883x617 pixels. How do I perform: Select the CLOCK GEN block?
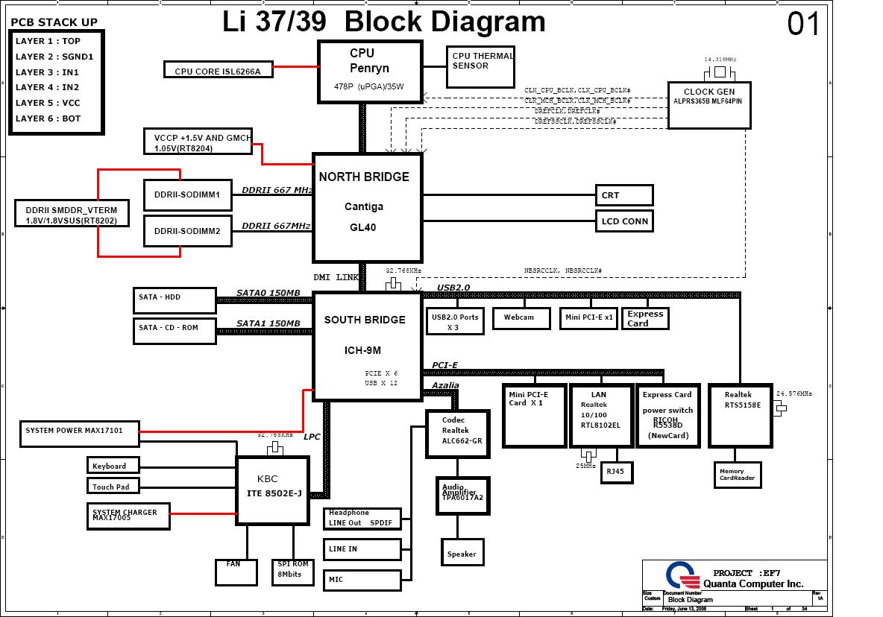(x=708, y=104)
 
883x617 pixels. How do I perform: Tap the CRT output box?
(x=624, y=195)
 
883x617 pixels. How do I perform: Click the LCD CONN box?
(x=624, y=221)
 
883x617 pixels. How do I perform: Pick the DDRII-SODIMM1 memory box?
(x=187, y=194)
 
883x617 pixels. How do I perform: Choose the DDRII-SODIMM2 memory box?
(x=187, y=231)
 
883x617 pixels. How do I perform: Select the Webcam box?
(x=520, y=318)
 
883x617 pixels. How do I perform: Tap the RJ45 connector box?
(x=616, y=472)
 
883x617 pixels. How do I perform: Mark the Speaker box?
(x=462, y=554)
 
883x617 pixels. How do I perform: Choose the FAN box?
(x=233, y=572)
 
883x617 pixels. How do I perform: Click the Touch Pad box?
(x=113, y=487)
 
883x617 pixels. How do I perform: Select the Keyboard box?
(x=113, y=466)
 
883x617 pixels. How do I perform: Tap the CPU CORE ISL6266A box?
(x=217, y=71)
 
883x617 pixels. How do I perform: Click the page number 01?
(x=803, y=25)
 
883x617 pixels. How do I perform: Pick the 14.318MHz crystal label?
(x=720, y=59)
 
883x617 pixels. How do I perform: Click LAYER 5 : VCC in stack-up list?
(x=48, y=103)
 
